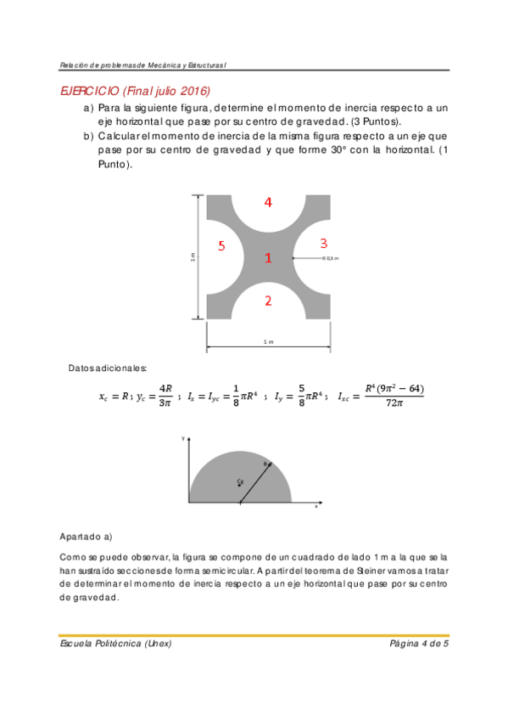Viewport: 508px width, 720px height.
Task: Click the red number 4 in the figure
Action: (x=268, y=202)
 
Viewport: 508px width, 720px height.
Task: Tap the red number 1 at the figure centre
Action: (x=268, y=257)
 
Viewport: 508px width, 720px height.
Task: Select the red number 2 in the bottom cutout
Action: (x=268, y=301)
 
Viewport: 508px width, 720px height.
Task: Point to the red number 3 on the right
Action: (x=323, y=244)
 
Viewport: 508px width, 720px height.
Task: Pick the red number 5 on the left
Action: (x=221, y=246)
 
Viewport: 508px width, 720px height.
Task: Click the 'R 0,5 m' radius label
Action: (x=330, y=258)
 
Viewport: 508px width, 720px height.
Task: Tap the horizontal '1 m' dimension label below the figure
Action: (x=268, y=341)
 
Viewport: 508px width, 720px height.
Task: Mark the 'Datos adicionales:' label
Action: (x=108, y=368)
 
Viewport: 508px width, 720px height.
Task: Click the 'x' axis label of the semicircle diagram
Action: (x=316, y=506)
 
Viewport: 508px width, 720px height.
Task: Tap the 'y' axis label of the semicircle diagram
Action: (x=183, y=438)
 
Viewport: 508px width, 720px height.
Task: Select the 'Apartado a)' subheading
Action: (x=86, y=537)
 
